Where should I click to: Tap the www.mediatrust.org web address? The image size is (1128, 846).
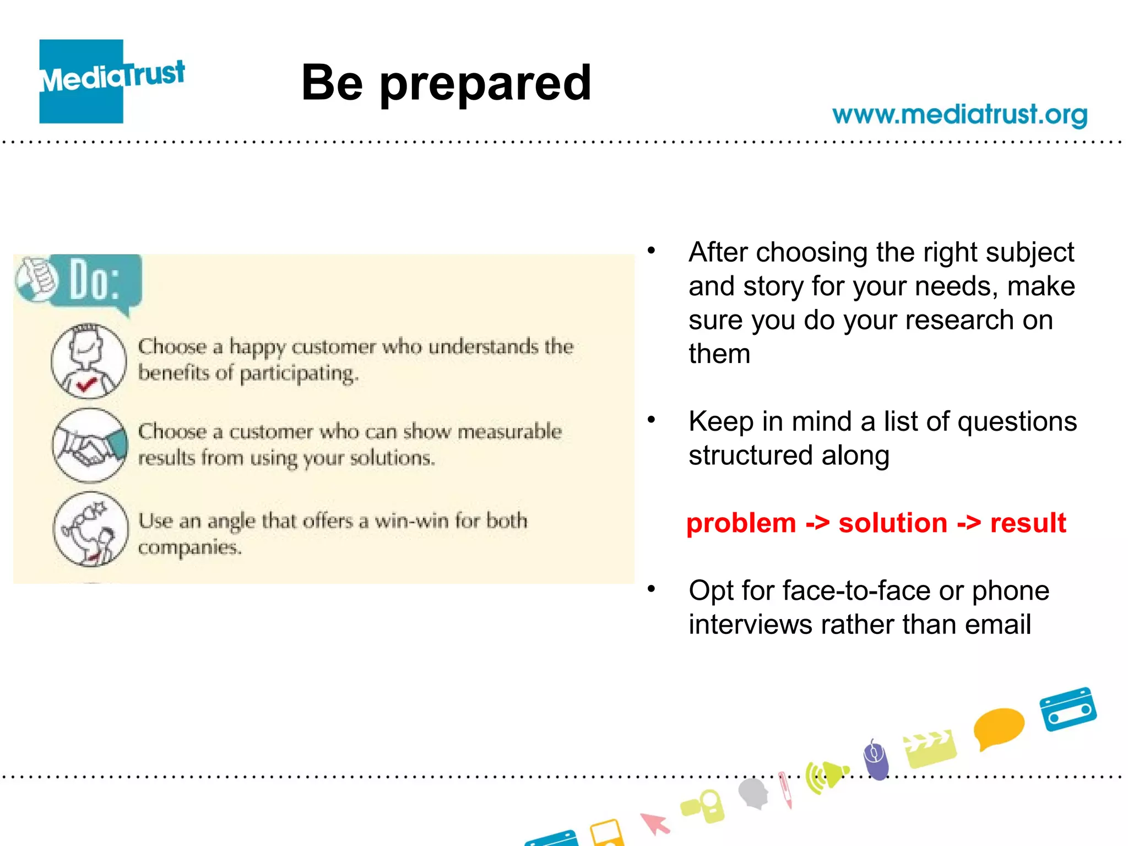959,115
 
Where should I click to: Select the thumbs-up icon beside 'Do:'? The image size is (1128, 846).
36,279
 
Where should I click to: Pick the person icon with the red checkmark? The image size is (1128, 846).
89,361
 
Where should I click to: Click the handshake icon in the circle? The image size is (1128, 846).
90,445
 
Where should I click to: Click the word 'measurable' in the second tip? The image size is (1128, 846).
509,431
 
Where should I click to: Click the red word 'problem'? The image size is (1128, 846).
741,523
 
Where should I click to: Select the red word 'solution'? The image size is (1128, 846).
892,523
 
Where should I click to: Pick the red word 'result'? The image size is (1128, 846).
1028,523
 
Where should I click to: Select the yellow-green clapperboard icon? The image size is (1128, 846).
930,748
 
